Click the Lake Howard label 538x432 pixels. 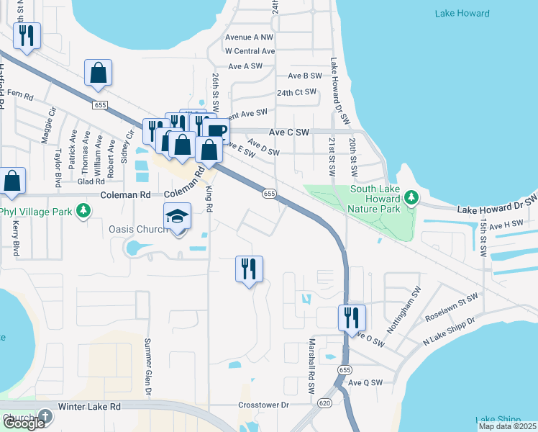(462, 14)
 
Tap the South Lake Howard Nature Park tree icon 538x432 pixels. (411, 197)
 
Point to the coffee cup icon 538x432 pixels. (215, 130)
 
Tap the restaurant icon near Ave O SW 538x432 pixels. (352, 316)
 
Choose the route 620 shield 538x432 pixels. (325, 404)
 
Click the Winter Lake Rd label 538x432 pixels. (89, 407)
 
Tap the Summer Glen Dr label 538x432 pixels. (148, 367)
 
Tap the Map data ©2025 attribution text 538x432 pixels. (506, 426)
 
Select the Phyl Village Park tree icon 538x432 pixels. (84, 210)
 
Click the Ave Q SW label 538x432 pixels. (365, 383)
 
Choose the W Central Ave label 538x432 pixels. (250, 51)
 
